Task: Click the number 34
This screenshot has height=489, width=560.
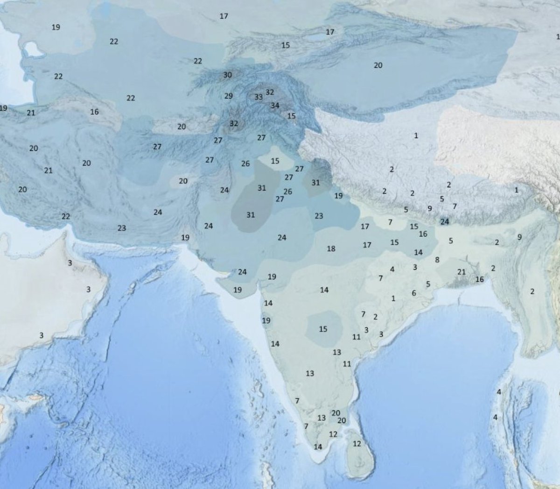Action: tap(275, 106)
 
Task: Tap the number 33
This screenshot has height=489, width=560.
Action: tap(259, 97)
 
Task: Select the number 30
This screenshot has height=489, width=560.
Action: tap(227, 75)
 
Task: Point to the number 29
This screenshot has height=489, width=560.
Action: tap(228, 96)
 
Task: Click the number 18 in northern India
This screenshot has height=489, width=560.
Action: tap(331, 248)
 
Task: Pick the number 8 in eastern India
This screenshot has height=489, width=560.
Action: tap(437, 260)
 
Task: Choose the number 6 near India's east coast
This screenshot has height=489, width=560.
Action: tap(414, 293)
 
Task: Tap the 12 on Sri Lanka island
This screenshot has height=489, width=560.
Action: tap(357, 443)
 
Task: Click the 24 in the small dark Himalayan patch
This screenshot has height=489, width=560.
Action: tap(444, 221)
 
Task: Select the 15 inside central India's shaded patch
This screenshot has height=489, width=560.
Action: tap(323, 329)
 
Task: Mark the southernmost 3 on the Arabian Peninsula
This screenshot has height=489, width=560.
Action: tap(41, 335)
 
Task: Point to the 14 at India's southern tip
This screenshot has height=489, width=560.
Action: tap(318, 446)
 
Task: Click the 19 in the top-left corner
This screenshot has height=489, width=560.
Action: tap(56, 27)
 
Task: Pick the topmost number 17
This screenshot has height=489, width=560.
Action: tap(224, 16)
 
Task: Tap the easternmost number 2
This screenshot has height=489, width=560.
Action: tap(532, 291)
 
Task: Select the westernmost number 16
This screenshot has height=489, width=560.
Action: tap(94, 112)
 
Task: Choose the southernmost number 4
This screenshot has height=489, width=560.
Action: tap(495, 417)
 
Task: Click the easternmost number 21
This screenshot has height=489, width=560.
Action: tap(462, 272)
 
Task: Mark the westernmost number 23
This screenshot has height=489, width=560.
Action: tap(121, 228)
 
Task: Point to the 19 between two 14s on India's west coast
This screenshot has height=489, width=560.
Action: tap(266, 320)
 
